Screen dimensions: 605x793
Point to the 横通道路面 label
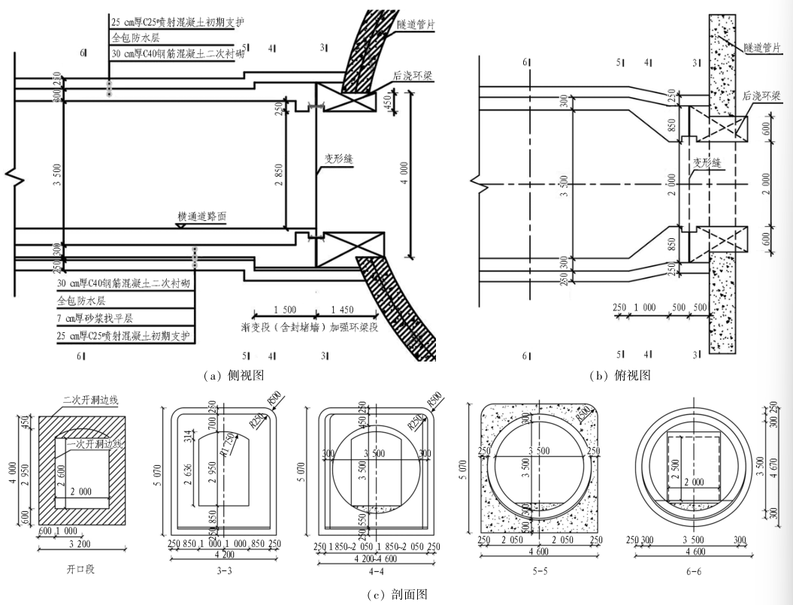pos(202,216)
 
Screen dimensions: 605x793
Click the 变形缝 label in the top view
pos(707,162)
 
